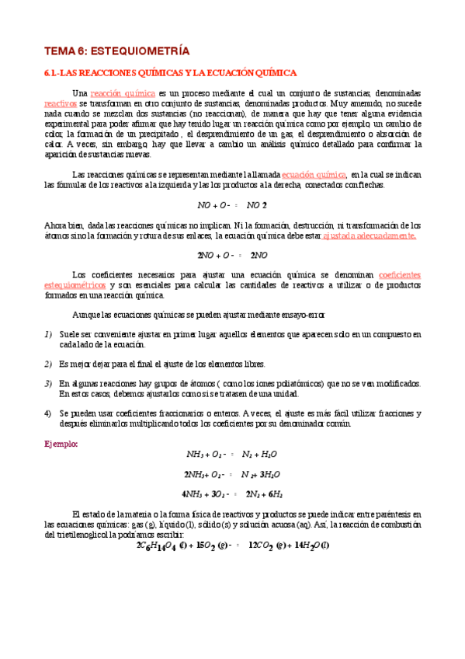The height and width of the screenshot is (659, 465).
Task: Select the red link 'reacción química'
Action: click(117, 93)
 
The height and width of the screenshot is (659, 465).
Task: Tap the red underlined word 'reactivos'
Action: click(61, 103)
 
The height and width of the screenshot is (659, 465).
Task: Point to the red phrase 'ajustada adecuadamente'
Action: click(370, 235)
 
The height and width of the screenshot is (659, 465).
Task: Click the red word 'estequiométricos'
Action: click(76, 285)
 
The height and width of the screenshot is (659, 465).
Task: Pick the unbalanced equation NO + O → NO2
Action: click(232, 205)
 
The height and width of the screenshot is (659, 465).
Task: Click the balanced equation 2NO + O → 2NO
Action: click(232, 255)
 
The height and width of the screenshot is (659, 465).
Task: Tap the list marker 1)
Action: click(48, 334)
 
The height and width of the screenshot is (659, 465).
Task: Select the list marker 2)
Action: click(48, 364)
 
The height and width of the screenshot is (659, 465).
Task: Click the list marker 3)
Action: click(48, 384)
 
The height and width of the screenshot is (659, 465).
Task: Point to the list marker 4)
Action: click(48, 413)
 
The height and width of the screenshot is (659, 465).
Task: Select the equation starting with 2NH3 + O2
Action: click(232, 474)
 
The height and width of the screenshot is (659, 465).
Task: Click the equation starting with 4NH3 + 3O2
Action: click(232, 493)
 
